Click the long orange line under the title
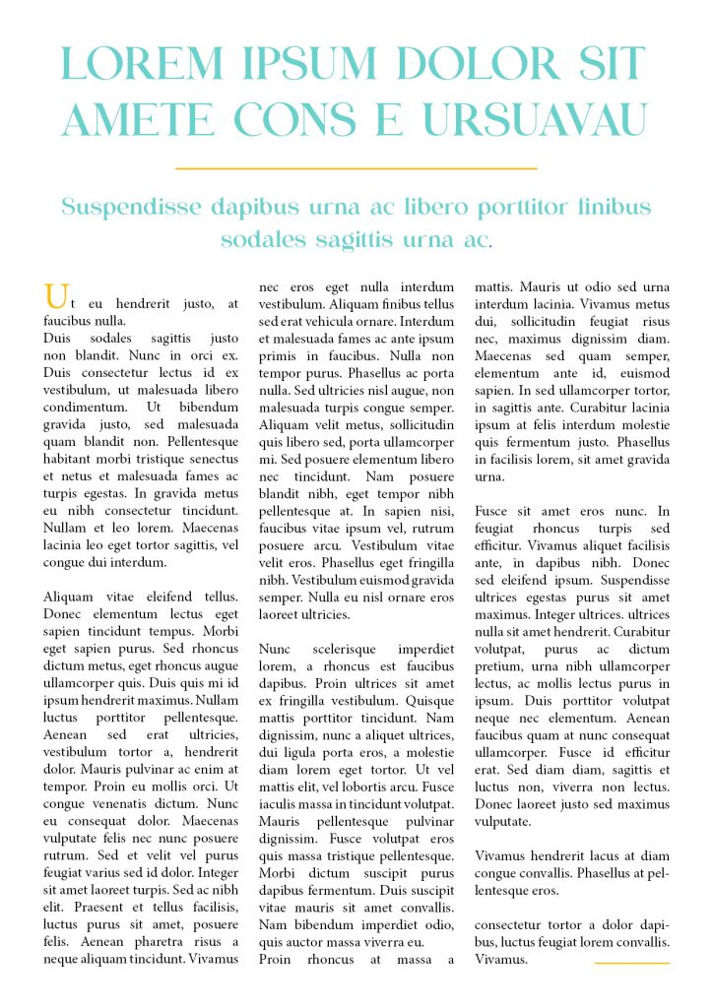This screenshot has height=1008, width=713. tap(356, 169)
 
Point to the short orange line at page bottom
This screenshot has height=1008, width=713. tap(632, 963)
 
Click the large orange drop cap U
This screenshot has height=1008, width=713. tap(57, 295)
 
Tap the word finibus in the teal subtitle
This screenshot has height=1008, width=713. tap(615, 208)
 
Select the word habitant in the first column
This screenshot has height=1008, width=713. tap(72, 459)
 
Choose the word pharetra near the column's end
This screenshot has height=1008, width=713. tap(147, 941)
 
